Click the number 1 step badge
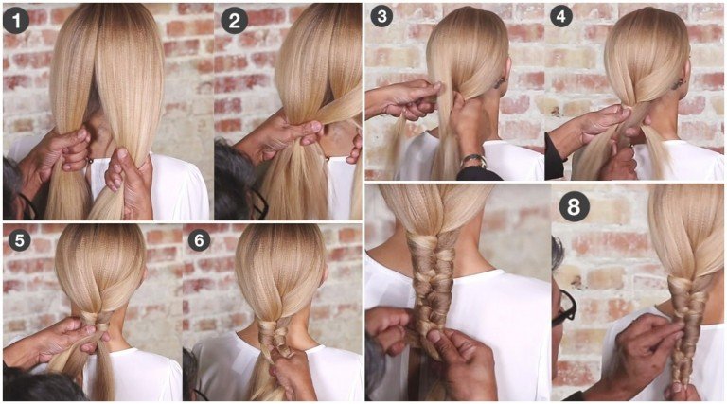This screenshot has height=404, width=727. tap(16, 20)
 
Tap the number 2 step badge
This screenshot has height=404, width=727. tap(234, 21)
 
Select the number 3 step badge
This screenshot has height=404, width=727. tap(381, 16)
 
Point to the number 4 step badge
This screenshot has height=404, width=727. tap(561, 16)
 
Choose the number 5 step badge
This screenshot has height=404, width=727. tap(20, 240)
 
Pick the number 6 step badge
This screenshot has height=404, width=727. tap(199, 240)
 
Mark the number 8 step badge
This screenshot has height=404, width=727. tap(574, 206)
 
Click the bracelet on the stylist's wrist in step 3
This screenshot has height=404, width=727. tap(473, 160)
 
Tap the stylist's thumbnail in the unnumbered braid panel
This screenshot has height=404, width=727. tap(434, 336)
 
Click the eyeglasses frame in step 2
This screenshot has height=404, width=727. tap(258, 202)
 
